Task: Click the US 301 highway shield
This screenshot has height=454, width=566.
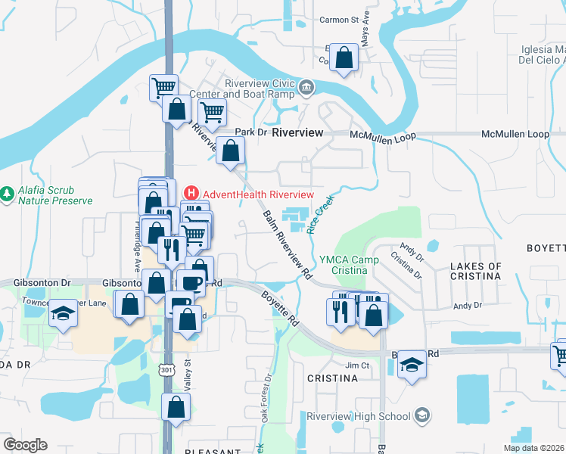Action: pyautogui.click(x=166, y=369)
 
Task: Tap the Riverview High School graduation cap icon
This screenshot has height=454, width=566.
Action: pyautogui.click(x=422, y=415)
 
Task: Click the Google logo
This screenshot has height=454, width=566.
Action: pyautogui.click(x=25, y=444)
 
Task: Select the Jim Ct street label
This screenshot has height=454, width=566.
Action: pyautogui.click(x=356, y=365)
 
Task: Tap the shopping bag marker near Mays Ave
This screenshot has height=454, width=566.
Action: pyautogui.click(x=344, y=58)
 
